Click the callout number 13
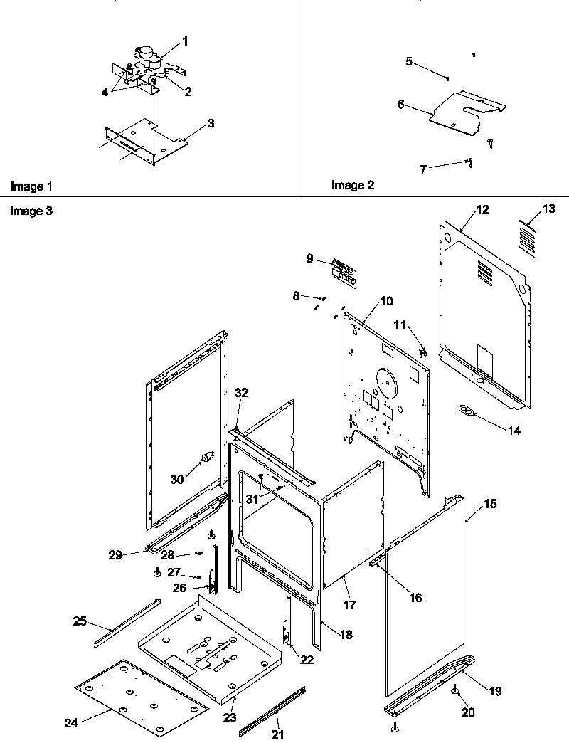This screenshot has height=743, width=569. (548, 209)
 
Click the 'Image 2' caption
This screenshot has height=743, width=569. (352, 185)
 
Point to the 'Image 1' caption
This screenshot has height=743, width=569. (31, 186)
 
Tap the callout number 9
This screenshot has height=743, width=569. (310, 258)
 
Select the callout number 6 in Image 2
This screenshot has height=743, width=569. (401, 104)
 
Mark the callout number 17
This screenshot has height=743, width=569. (349, 605)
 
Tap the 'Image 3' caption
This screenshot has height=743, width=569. (31, 211)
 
